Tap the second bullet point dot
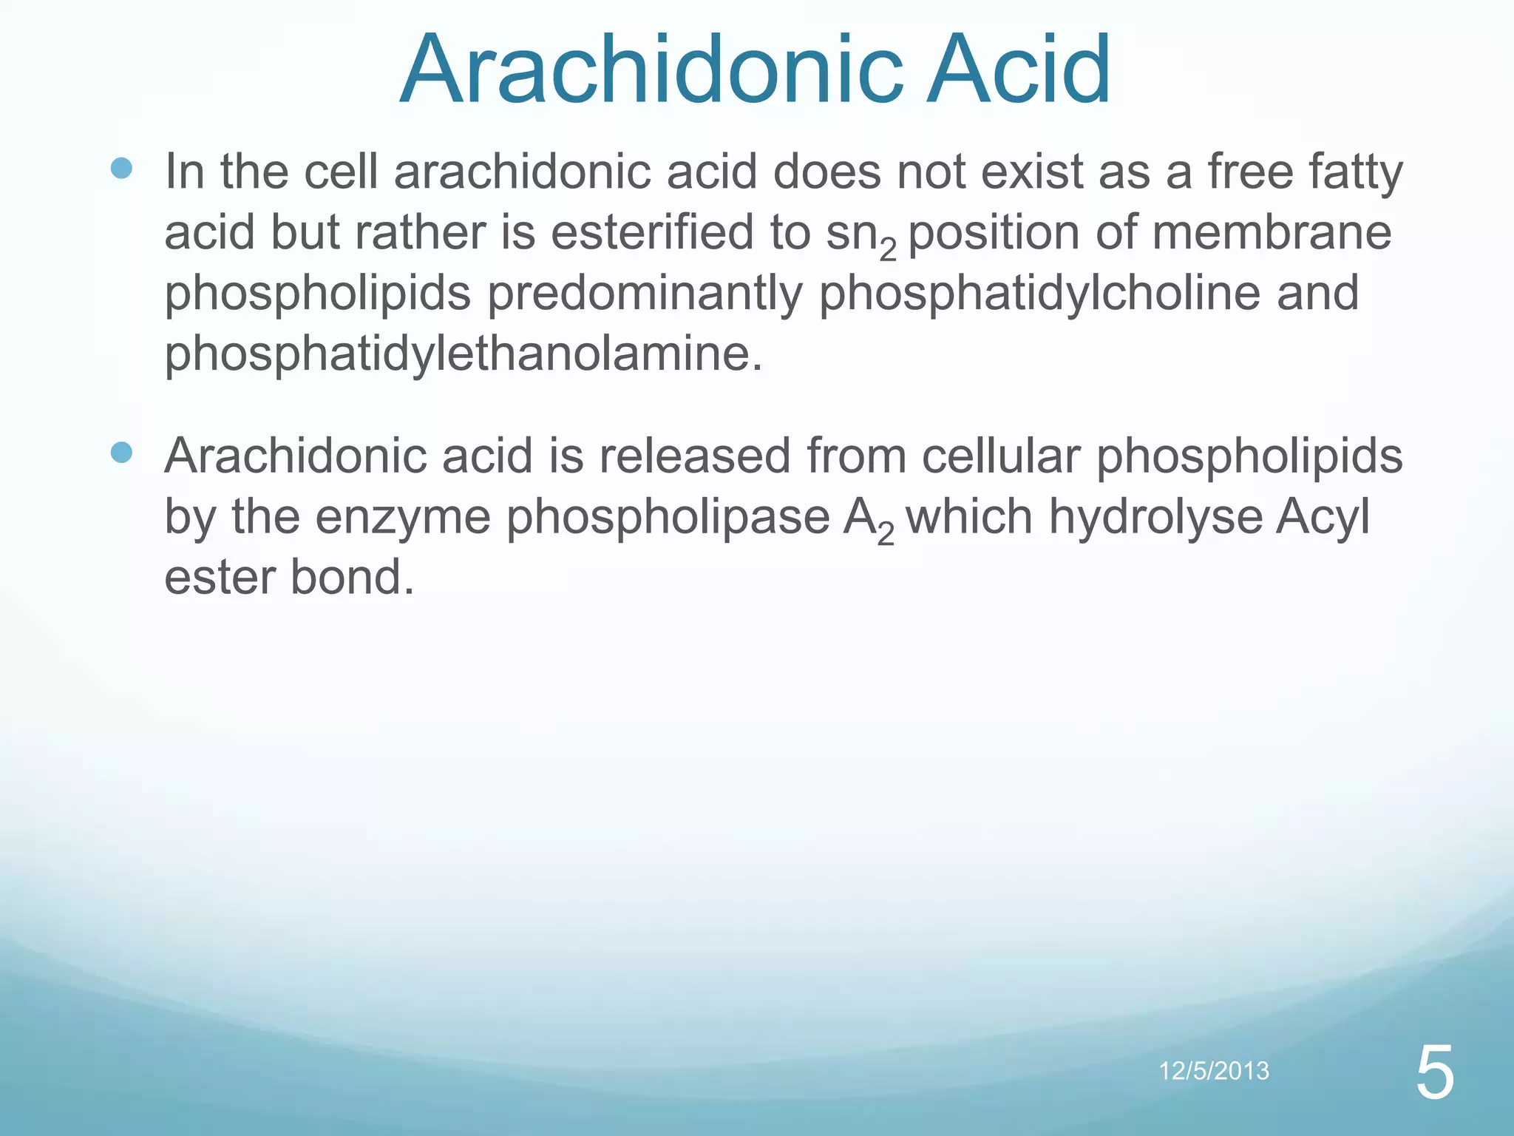click(x=121, y=452)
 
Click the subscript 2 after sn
click(x=888, y=251)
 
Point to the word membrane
click(x=1272, y=232)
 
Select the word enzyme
click(x=403, y=516)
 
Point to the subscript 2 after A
click(x=886, y=534)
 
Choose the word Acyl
click(x=1323, y=516)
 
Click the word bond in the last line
click(x=351, y=577)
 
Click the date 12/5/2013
click(x=1214, y=1071)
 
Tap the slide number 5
click(x=1435, y=1074)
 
